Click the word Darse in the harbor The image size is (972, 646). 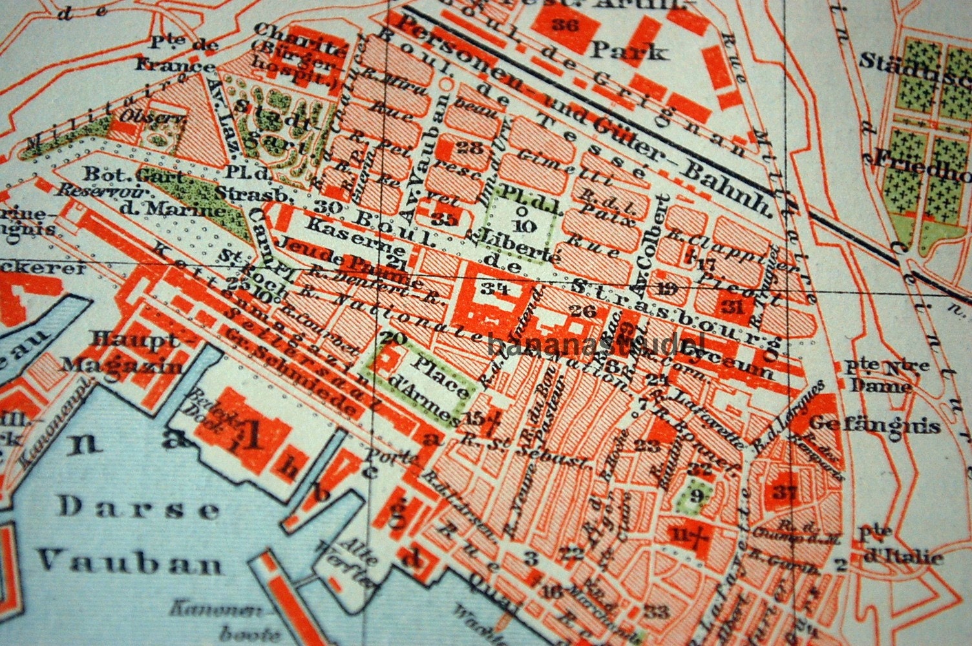click(x=139, y=509)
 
